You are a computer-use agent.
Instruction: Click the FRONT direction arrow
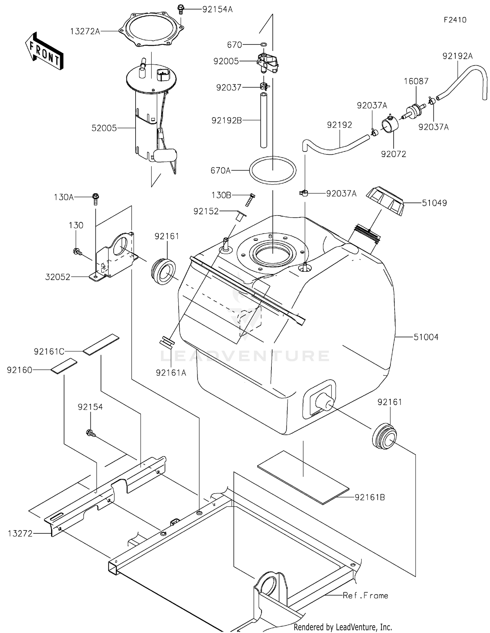44,51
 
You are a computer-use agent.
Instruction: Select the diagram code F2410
455,20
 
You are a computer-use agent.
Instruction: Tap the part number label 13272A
85,31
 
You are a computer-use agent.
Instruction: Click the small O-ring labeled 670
264,44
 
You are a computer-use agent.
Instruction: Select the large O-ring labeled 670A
273,170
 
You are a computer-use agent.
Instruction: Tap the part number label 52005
104,128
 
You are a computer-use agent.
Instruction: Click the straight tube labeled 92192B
264,120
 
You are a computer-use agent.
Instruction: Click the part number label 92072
393,154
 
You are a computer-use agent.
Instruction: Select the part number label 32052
58,277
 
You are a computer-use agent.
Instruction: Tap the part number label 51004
426,337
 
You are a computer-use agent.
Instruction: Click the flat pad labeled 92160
64,366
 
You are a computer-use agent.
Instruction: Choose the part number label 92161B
370,497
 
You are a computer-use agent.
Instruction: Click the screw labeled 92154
90,433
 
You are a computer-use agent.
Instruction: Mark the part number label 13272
20,533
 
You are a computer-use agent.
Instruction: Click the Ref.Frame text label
365,595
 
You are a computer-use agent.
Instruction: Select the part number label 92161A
171,373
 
